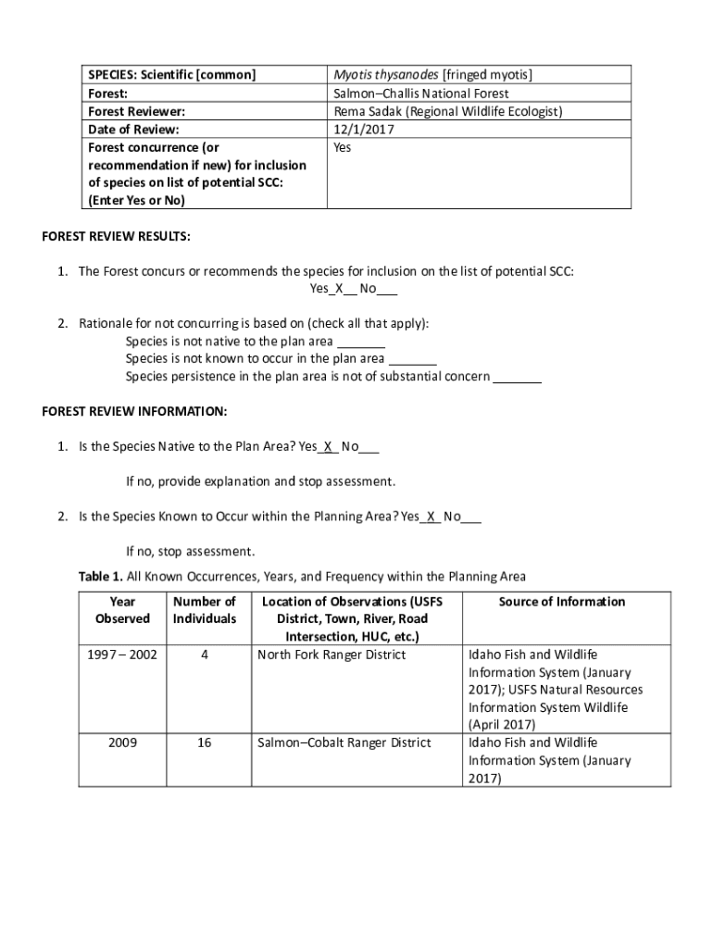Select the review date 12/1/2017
point(361,129)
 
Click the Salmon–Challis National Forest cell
point(420,94)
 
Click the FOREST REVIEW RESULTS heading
point(117,237)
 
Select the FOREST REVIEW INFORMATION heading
point(134,411)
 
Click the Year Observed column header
point(122,610)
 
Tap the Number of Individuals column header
point(205,610)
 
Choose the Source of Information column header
point(562,602)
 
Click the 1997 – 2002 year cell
point(122,655)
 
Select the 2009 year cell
point(122,742)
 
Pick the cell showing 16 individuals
point(205,742)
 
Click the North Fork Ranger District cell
point(331,655)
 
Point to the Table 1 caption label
point(100,577)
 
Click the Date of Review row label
point(133,129)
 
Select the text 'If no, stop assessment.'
point(190,552)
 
